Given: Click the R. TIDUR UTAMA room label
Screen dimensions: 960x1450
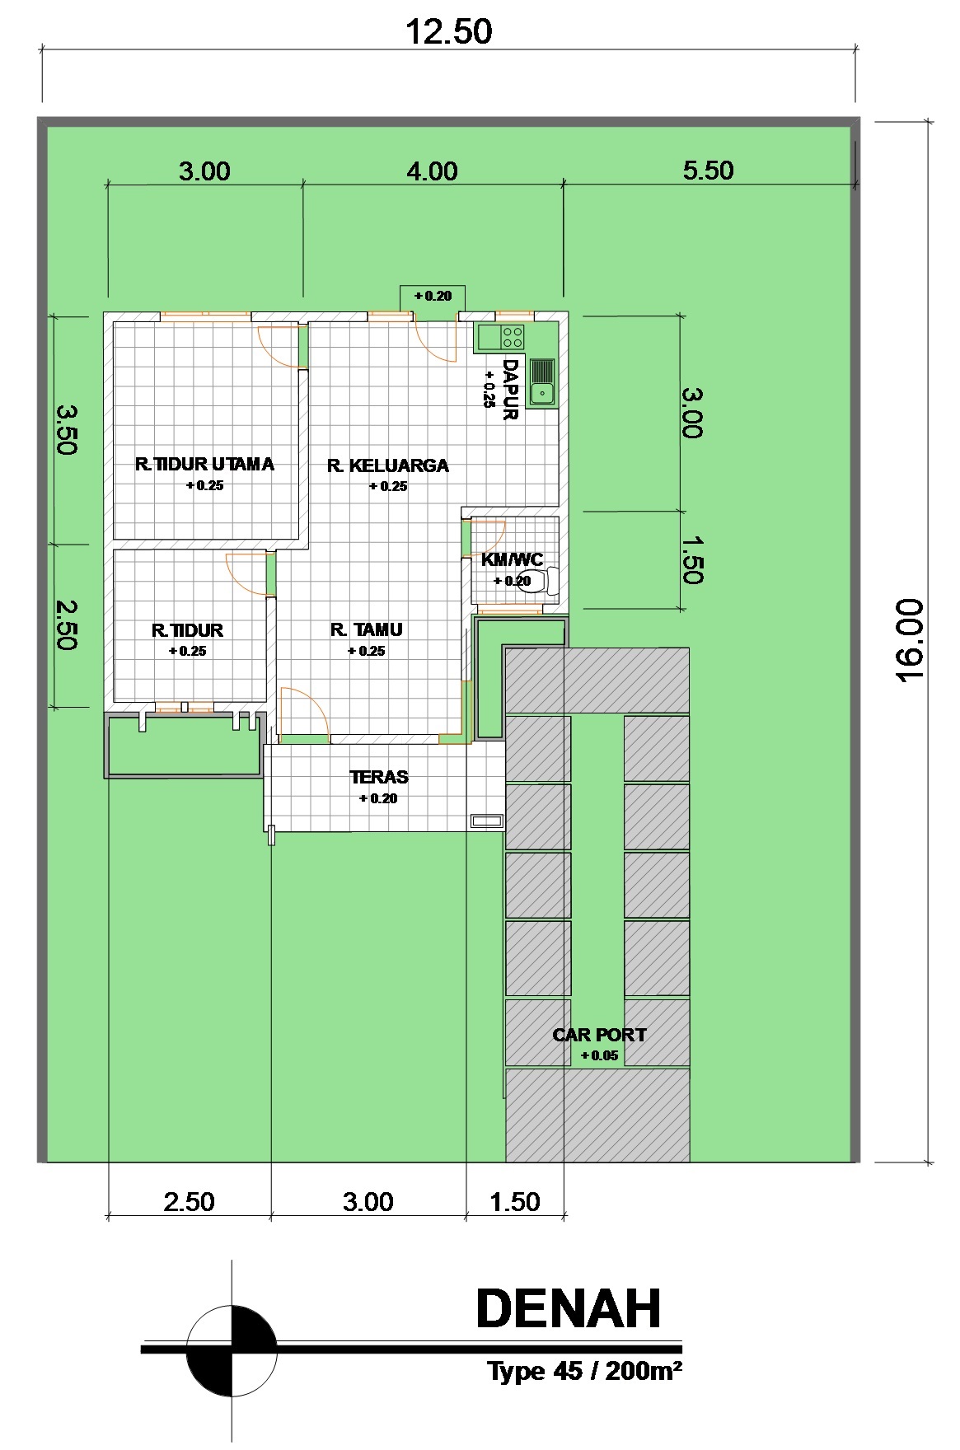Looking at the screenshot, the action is [x=204, y=465].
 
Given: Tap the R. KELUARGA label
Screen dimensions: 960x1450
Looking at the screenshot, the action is [x=388, y=466].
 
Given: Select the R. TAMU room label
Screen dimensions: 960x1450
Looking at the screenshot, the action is [x=367, y=630].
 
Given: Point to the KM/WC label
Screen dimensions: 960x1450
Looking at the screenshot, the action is [x=512, y=560].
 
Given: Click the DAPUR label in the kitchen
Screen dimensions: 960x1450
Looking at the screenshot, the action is [x=511, y=390].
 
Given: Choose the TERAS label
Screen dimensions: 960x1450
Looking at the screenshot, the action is [x=379, y=777].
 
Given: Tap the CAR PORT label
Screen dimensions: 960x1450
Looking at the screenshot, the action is [x=599, y=1035].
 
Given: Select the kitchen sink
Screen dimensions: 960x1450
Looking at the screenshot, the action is [x=542, y=382].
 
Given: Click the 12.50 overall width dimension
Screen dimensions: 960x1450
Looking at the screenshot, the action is [x=449, y=32].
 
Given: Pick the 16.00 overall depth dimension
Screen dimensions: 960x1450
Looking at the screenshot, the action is [x=909, y=641].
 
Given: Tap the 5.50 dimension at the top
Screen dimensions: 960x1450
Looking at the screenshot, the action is [x=708, y=171].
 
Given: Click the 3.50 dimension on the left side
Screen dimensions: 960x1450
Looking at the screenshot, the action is [x=66, y=428].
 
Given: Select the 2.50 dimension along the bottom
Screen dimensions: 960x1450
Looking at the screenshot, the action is [x=189, y=1202].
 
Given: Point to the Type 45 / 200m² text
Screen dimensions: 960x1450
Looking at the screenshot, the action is [x=584, y=1372].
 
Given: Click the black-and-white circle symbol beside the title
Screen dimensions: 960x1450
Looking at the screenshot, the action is [x=232, y=1350].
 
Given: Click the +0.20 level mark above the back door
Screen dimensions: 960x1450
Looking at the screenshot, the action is [x=433, y=296].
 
